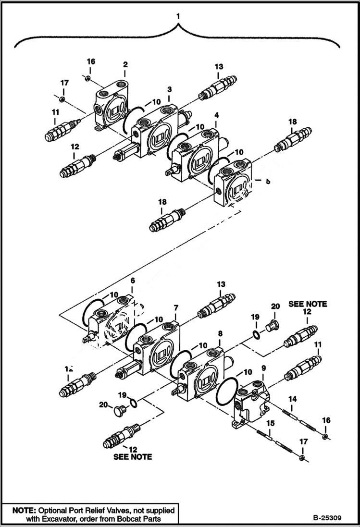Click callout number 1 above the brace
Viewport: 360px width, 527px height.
[178, 16]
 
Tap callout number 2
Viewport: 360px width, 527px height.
[125, 64]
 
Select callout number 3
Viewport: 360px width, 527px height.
[170, 90]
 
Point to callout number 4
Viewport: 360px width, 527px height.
[217, 115]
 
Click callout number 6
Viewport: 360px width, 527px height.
[133, 280]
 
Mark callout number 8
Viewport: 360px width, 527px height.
[220, 333]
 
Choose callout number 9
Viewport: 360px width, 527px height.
[263, 368]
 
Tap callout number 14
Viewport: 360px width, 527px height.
[292, 399]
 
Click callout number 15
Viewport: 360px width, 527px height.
[271, 423]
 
